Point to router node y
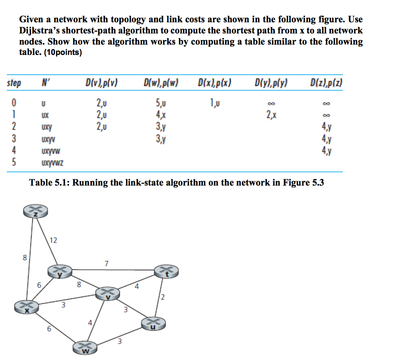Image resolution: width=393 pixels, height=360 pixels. (60, 272)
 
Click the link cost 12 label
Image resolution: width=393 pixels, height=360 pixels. (53, 240)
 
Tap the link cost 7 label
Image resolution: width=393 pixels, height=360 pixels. (106, 263)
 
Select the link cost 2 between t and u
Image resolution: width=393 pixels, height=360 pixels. (163, 298)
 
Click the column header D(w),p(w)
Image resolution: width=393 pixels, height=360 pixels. (160, 84)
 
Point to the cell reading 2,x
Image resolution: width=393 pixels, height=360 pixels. (272, 116)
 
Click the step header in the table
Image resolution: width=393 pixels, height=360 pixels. (15, 84)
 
